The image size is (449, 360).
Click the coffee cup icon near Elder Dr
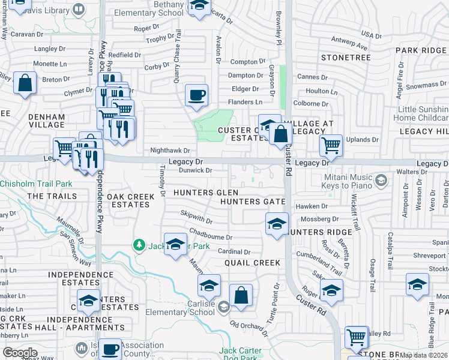tap(196, 95)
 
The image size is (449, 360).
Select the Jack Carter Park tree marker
tap(139, 245)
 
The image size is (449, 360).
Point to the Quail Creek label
tap(252, 263)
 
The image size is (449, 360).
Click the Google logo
tap(20, 352)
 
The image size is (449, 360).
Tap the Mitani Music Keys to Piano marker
tap(381, 180)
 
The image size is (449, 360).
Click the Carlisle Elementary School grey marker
tap(223, 307)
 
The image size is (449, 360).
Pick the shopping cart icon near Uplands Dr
tap(331, 145)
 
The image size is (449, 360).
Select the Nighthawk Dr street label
tap(170, 151)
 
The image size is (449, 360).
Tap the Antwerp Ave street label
tap(350, 43)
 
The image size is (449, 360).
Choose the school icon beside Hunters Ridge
tap(276, 225)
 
